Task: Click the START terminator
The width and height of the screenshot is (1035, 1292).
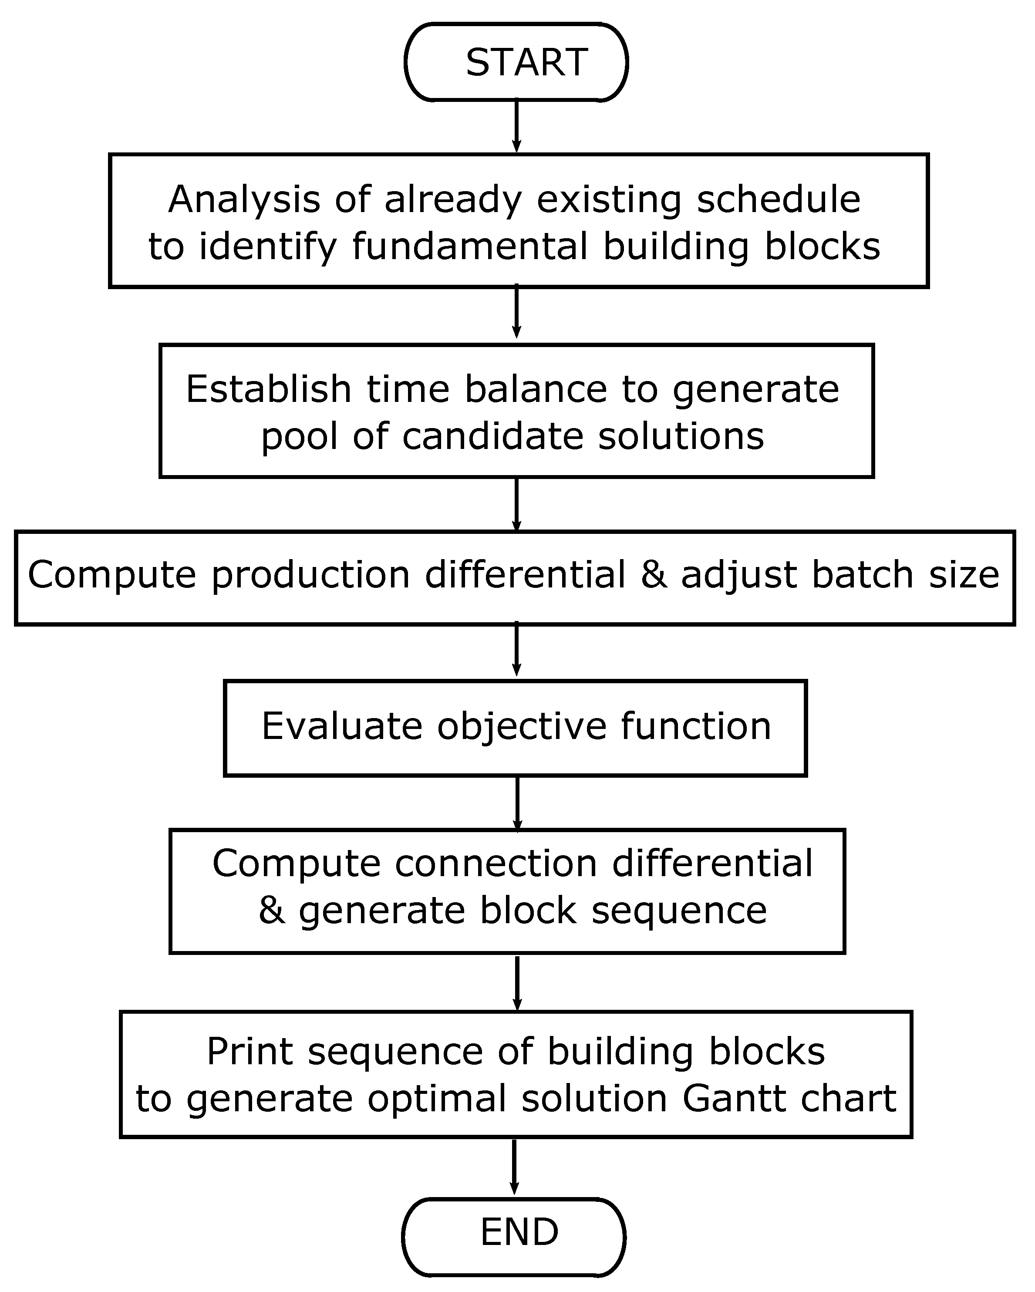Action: click(516, 62)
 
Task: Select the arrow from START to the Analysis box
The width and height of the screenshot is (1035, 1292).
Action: click(516, 126)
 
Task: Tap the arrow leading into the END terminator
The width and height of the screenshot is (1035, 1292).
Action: click(514, 1166)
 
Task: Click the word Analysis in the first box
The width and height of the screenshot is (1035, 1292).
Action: click(244, 199)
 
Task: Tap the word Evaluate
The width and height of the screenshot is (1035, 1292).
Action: click(342, 726)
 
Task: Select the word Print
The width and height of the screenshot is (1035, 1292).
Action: click(249, 1052)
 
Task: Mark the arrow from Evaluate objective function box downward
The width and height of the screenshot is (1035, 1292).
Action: click(518, 803)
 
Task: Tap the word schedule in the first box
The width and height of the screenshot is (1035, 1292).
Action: click(779, 199)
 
